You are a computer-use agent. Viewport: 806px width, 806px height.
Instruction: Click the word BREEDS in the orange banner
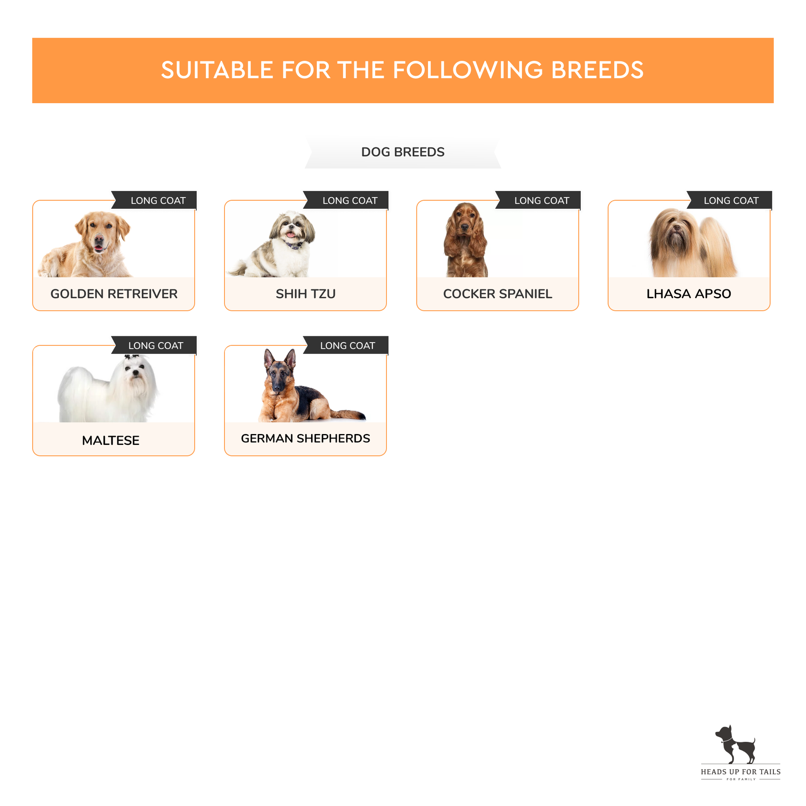(x=597, y=70)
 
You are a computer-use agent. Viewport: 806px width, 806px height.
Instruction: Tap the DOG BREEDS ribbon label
(x=403, y=152)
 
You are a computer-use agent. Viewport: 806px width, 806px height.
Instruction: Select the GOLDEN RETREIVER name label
(x=114, y=294)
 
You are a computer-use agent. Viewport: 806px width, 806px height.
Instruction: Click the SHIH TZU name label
(x=305, y=294)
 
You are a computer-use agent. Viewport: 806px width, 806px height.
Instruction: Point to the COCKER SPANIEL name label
(x=497, y=294)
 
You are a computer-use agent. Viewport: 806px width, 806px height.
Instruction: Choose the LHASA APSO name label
(x=688, y=294)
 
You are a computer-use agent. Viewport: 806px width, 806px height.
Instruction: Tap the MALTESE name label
(x=111, y=440)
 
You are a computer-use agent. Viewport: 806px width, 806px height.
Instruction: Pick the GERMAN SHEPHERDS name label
(x=305, y=438)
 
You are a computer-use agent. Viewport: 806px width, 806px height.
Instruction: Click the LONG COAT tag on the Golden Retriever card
(x=158, y=200)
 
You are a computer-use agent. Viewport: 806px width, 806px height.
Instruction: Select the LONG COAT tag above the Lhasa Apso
(x=731, y=200)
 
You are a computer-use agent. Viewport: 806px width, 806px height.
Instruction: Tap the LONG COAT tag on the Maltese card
(x=156, y=345)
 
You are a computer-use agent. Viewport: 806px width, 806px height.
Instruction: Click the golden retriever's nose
(x=99, y=239)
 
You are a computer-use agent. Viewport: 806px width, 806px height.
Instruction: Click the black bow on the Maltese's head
(x=132, y=357)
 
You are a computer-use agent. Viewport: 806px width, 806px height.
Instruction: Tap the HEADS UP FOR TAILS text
(x=741, y=772)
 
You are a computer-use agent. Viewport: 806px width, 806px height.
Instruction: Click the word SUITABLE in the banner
(x=217, y=70)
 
